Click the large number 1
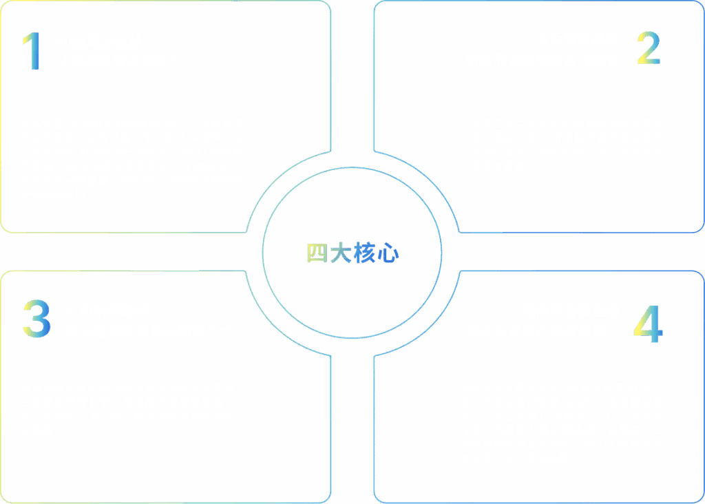click(31, 51)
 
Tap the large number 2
click(648, 48)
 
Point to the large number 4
click(648, 323)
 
